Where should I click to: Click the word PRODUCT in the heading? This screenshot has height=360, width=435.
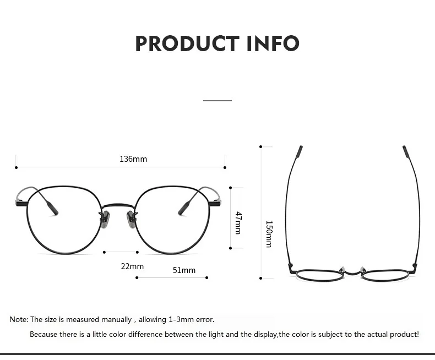pyautogui.click(x=187, y=43)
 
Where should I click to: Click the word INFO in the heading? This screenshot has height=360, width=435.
pyautogui.click(x=273, y=43)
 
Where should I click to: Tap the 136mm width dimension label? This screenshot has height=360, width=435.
pyautogui.click(x=133, y=159)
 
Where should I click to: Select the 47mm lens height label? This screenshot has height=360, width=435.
pyautogui.click(x=238, y=222)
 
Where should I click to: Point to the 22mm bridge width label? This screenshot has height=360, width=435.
pyautogui.click(x=132, y=266)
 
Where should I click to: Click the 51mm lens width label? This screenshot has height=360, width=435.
pyautogui.click(x=184, y=270)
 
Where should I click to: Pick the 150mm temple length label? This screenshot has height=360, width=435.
pyautogui.click(x=269, y=234)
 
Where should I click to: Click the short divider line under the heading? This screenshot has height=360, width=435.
pyautogui.click(x=218, y=101)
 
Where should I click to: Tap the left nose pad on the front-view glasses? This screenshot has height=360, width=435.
pyautogui.click(x=105, y=219)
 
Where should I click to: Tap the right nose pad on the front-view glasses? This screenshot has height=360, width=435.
pyautogui.click(x=132, y=219)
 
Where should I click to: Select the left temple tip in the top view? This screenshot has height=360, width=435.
pyautogui.click(x=299, y=151)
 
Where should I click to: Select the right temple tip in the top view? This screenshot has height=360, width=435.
pyautogui.click(x=406, y=151)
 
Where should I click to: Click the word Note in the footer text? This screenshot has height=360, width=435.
pyautogui.click(x=18, y=319)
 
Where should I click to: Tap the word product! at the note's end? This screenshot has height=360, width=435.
pyautogui.click(x=405, y=334)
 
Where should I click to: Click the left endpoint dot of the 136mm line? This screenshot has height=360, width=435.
pyautogui.click(x=17, y=167)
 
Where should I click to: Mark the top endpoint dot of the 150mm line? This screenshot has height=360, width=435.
pyautogui.click(x=261, y=146)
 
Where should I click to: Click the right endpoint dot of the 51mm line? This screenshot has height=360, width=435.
pyautogui.click(x=207, y=277)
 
